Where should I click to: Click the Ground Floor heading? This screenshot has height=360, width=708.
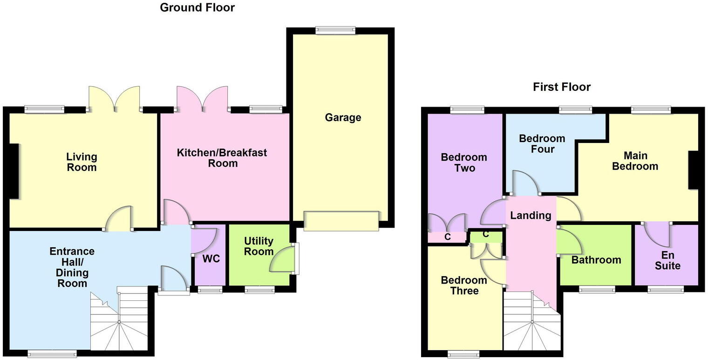[x=197, y=7]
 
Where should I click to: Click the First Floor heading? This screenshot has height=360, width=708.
[x=562, y=87]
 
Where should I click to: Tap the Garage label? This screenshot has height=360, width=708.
[x=343, y=117]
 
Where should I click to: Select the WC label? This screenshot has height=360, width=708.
[x=211, y=259]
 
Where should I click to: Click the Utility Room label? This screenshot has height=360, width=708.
[x=259, y=246]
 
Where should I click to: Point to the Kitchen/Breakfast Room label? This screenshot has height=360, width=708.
[x=222, y=158]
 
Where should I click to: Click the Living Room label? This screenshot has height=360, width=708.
[x=82, y=162]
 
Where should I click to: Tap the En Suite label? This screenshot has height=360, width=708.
[x=667, y=261]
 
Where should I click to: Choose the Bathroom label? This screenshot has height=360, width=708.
[x=596, y=260]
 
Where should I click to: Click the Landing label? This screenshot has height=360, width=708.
[x=531, y=215]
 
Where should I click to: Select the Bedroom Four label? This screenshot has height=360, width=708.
[x=542, y=144]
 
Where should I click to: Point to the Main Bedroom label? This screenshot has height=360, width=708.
[x=635, y=161]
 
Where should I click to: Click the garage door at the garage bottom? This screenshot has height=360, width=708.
[x=341, y=221]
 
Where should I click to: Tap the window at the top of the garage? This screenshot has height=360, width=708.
[x=335, y=31]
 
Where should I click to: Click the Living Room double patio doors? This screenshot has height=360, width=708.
[x=114, y=99]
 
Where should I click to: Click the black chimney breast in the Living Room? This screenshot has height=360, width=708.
[x=14, y=170]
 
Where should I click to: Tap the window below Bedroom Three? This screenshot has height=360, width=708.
[x=463, y=355]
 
